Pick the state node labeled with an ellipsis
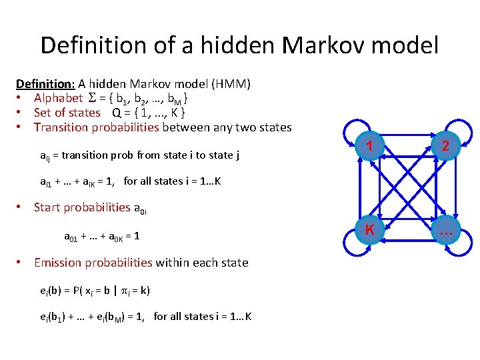point(445,231)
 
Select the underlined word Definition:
point(45,84)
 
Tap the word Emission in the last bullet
point(60,263)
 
